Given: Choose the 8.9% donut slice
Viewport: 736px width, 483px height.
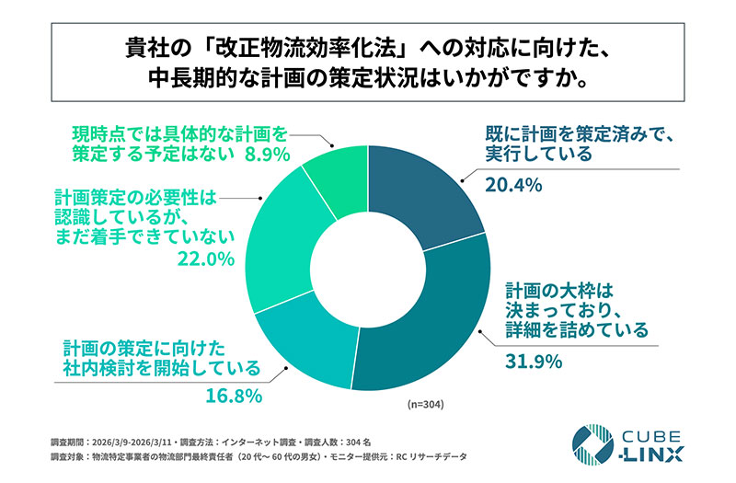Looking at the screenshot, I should coord(337,176).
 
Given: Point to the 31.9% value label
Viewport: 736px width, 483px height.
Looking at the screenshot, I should coord(535,362).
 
